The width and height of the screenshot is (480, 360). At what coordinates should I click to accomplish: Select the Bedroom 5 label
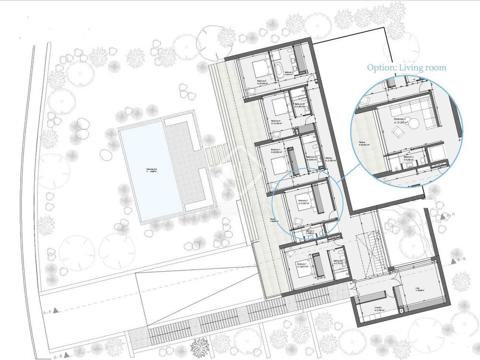(x=262, y=82)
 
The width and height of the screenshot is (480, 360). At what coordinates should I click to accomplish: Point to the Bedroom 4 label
(x=276, y=121)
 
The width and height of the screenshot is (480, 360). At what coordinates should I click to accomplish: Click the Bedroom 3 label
(x=275, y=150)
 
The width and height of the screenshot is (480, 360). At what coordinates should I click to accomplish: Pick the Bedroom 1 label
(x=301, y=265)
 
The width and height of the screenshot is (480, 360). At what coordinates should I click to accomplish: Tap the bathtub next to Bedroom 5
(x=279, y=71)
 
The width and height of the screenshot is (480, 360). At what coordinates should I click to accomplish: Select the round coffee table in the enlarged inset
(x=414, y=123)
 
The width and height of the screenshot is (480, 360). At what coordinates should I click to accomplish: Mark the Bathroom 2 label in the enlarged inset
(x=408, y=158)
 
